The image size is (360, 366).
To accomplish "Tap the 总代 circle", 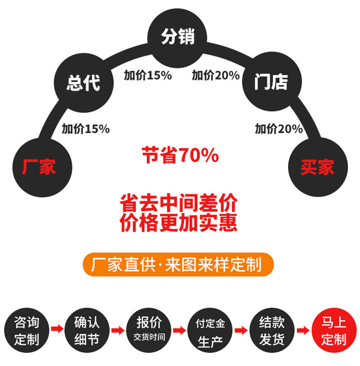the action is tap(83, 83).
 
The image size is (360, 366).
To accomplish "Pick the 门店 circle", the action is tap(271, 83).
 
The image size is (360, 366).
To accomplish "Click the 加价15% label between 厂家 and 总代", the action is tap(85, 129).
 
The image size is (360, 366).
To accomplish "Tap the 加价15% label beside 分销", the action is tap(148, 76).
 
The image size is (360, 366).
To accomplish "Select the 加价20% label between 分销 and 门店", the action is tap(216, 76).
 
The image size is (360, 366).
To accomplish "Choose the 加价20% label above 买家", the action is tap(279, 129).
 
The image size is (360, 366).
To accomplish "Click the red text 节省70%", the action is tap(180, 156).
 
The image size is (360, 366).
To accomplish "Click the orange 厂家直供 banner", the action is tap(178, 264).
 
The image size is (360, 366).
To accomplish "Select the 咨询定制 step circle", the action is tap(27, 330).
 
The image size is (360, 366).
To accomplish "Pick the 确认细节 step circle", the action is tap(87, 330).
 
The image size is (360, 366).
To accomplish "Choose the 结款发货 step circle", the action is tap(272, 330).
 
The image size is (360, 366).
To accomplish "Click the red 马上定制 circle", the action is tap(333, 330).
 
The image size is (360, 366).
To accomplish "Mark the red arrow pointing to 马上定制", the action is tap(303, 331).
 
